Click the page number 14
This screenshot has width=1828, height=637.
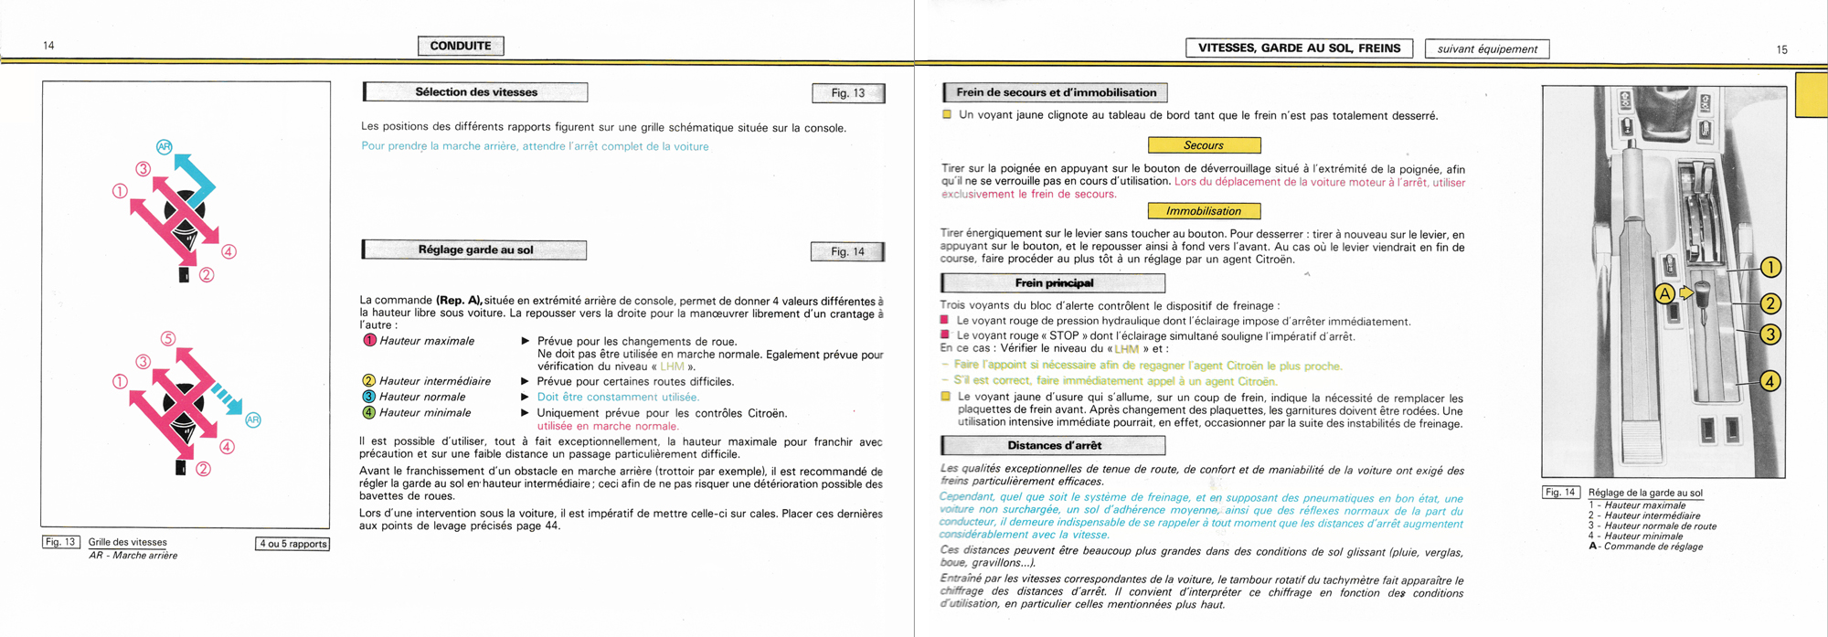point(48,46)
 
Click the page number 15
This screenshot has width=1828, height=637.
point(1781,49)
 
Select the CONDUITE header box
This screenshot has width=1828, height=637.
point(461,46)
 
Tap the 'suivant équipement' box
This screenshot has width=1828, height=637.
point(1487,49)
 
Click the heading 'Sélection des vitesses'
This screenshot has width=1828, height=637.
point(475,92)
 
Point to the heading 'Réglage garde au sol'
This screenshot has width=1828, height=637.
point(475,250)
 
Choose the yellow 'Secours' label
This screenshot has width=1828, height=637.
point(1204,145)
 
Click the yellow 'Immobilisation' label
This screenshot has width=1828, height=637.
point(1204,211)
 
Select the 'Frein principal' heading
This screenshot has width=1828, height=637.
point(1054,283)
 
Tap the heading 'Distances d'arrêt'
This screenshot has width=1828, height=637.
point(1054,446)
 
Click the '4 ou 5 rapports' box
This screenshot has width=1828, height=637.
point(292,544)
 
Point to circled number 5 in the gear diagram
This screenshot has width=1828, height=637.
point(168,339)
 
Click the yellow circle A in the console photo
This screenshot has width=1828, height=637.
point(1665,293)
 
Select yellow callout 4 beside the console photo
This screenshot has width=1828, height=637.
point(1770,380)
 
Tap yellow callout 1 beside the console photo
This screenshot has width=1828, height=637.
point(1770,267)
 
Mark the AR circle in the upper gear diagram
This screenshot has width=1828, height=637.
point(165,146)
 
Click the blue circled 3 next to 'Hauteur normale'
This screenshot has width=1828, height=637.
point(368,397)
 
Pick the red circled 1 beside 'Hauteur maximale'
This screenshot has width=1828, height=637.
point(369,341)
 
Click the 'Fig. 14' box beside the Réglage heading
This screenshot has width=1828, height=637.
point(847,251)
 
